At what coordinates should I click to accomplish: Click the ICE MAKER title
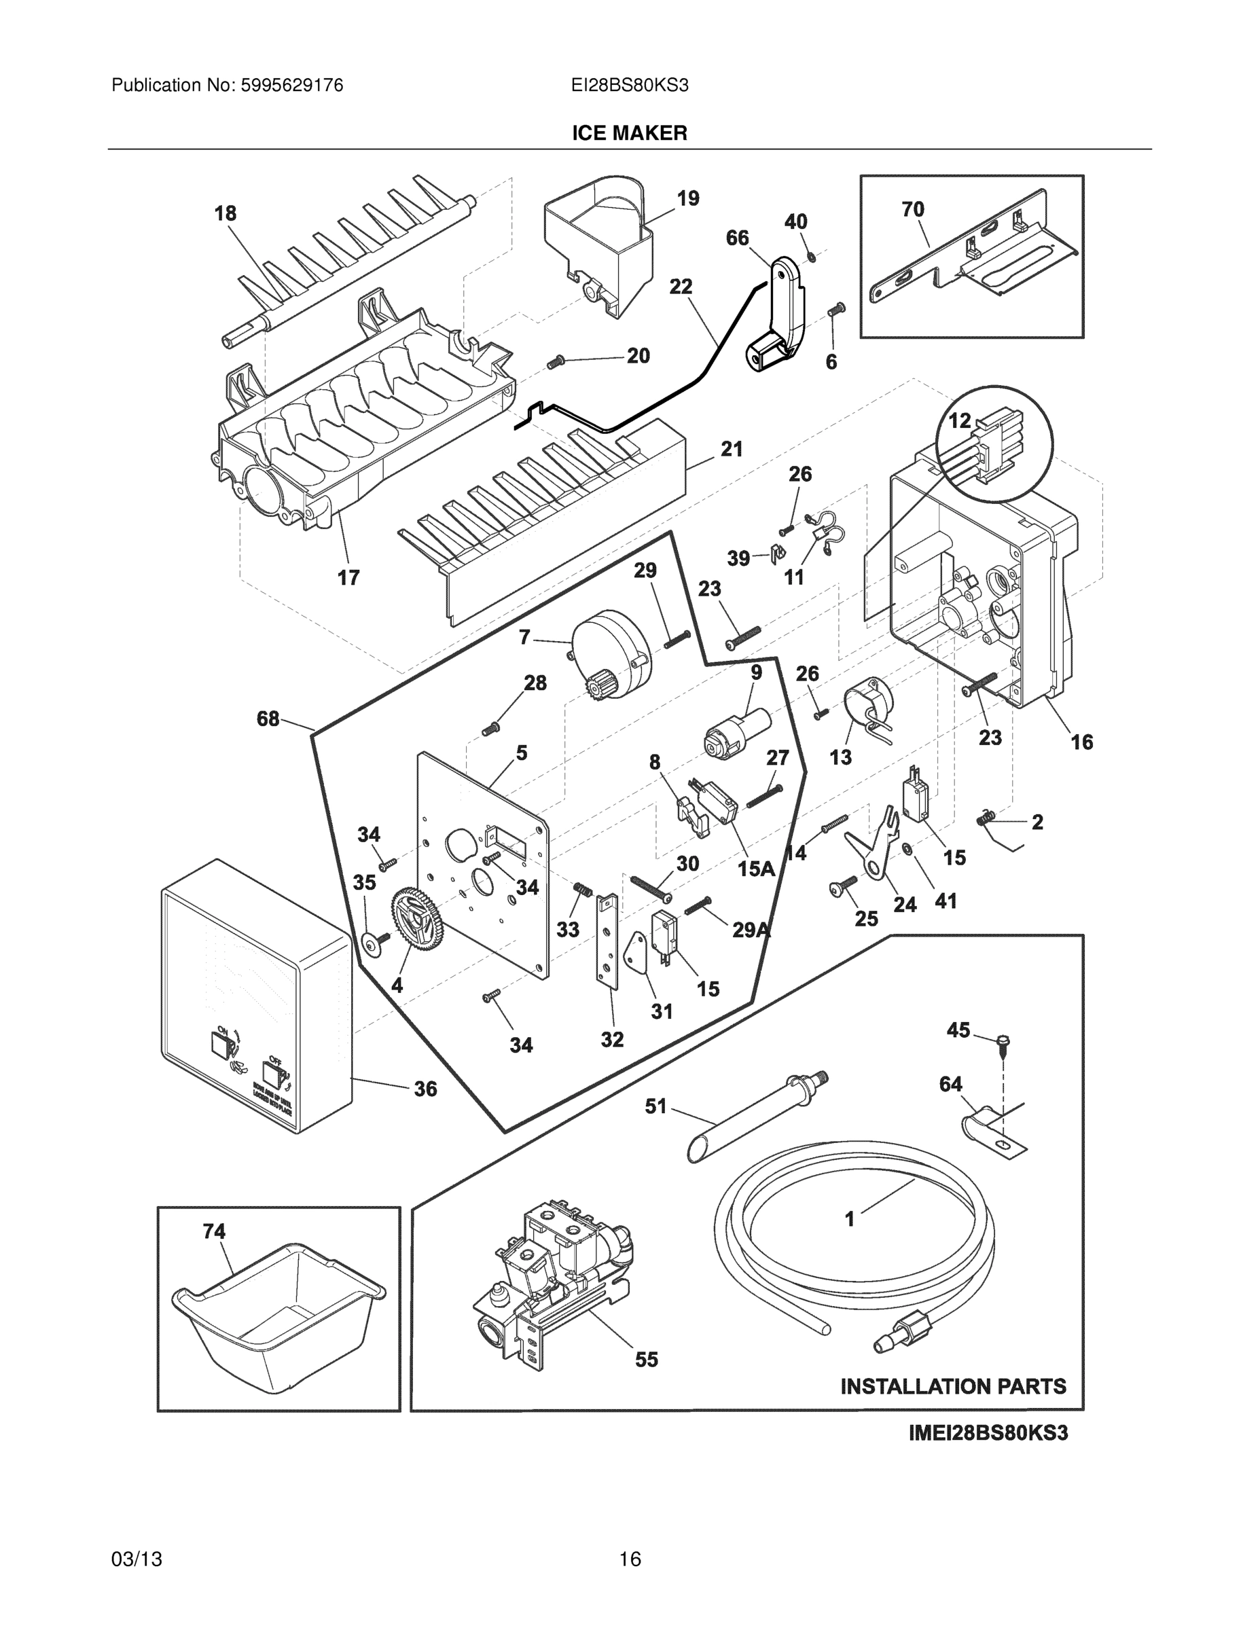pyautogui.click(x=629, y=133)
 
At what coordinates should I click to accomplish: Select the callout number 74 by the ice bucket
pyautogui.click(x=214, y=1231)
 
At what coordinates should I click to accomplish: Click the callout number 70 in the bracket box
pyautogui.click(x=913, y=210)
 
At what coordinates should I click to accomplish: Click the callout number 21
pyautogui.click(x=732, y=450)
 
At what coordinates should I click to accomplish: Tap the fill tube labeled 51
pyautogui.click(x=754, y=1115)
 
